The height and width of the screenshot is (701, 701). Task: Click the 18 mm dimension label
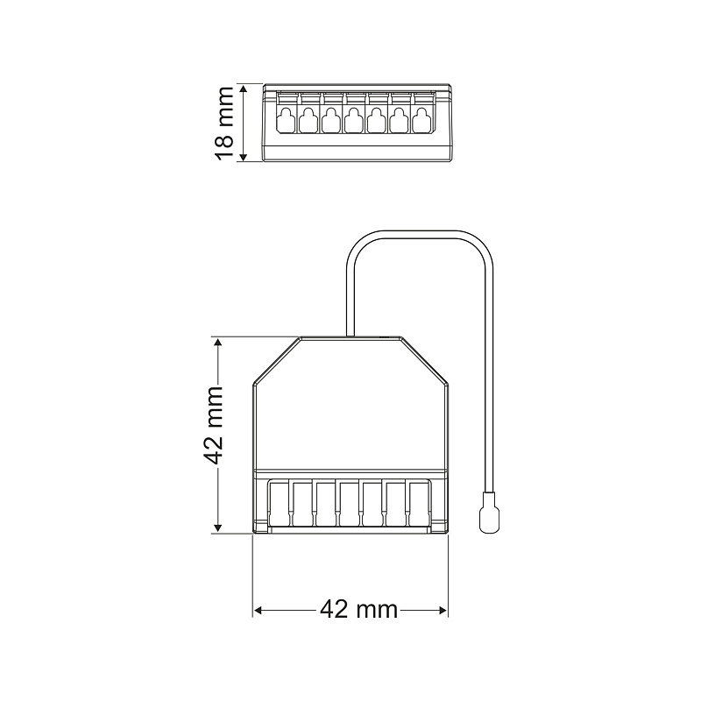(224, 123)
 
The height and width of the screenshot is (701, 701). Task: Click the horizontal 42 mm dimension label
(359, 608)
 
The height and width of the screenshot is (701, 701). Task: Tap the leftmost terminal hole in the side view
(286, 120)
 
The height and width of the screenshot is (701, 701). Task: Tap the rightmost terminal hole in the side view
(421, 120)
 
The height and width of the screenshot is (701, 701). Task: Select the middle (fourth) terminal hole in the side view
(353, 120)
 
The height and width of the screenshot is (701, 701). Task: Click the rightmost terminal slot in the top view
(420, 503)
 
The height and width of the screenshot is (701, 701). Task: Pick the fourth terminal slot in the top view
(349, 503)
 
